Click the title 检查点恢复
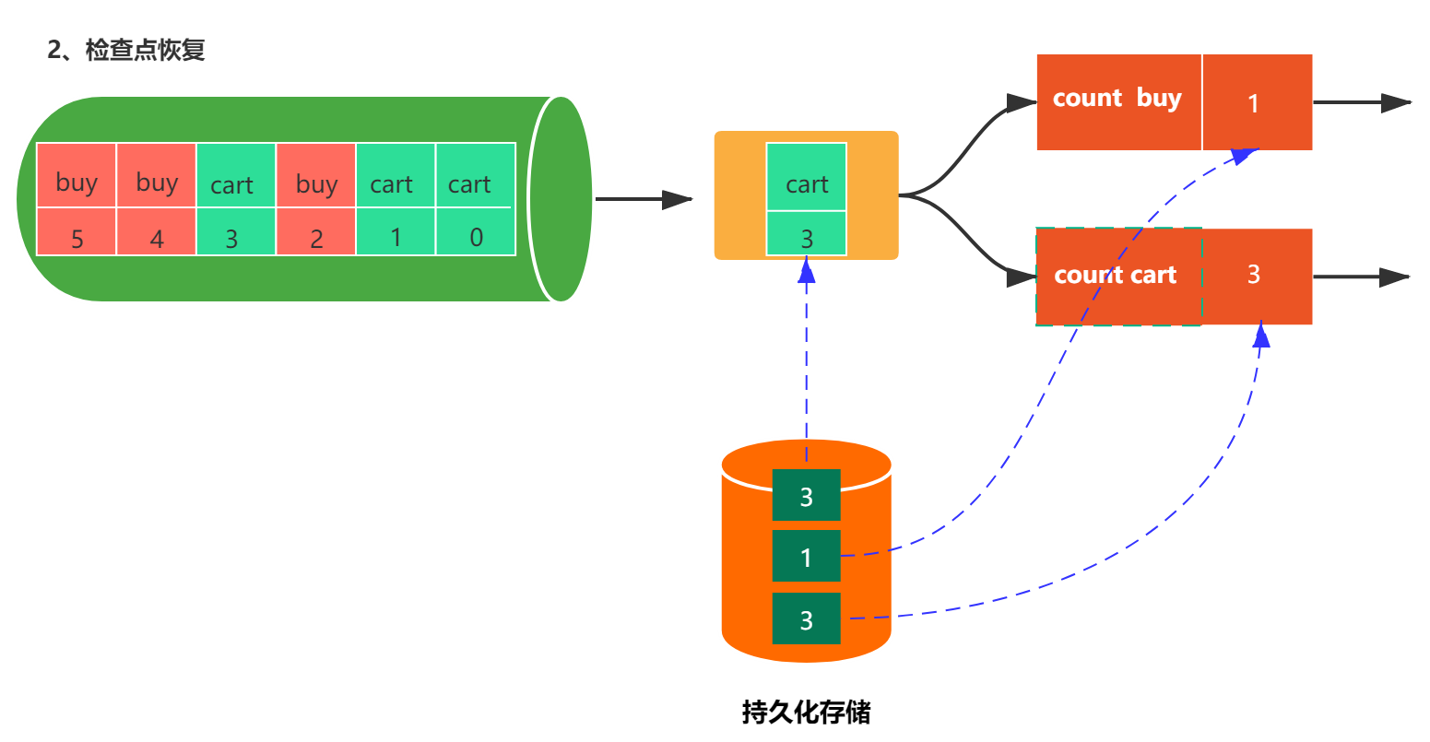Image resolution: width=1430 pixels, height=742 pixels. [145, 50]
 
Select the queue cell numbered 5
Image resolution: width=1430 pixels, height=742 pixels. [77, 231]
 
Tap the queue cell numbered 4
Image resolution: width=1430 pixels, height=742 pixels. [157, 231]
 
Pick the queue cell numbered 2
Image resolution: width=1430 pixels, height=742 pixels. [316, 231]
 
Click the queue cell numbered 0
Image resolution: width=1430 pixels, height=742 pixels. [476, 231]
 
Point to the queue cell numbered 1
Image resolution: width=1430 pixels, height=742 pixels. [396, 231]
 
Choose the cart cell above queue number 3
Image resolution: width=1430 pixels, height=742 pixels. [235, 175]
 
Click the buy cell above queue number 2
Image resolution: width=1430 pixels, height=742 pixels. [316, 175]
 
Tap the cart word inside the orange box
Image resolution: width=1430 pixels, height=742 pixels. [807, 184]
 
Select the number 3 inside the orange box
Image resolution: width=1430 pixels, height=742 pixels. [807, 240]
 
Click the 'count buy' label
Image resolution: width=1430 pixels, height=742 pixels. [1117, 99]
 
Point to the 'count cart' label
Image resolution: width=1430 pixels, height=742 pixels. [1115, 275]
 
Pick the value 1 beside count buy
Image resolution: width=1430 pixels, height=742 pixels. [1253, 103]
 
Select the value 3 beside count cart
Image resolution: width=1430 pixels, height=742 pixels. [1254, 275]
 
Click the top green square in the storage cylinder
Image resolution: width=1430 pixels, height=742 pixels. [807, 495]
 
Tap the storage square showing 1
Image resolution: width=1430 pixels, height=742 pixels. [807, 556]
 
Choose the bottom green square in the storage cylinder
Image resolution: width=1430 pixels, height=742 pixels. [807, 618]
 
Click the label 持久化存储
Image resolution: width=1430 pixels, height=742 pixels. [807, 712]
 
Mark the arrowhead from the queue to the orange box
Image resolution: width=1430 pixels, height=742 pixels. [677, 200]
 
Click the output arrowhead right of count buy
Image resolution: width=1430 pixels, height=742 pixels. [1396, 102]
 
